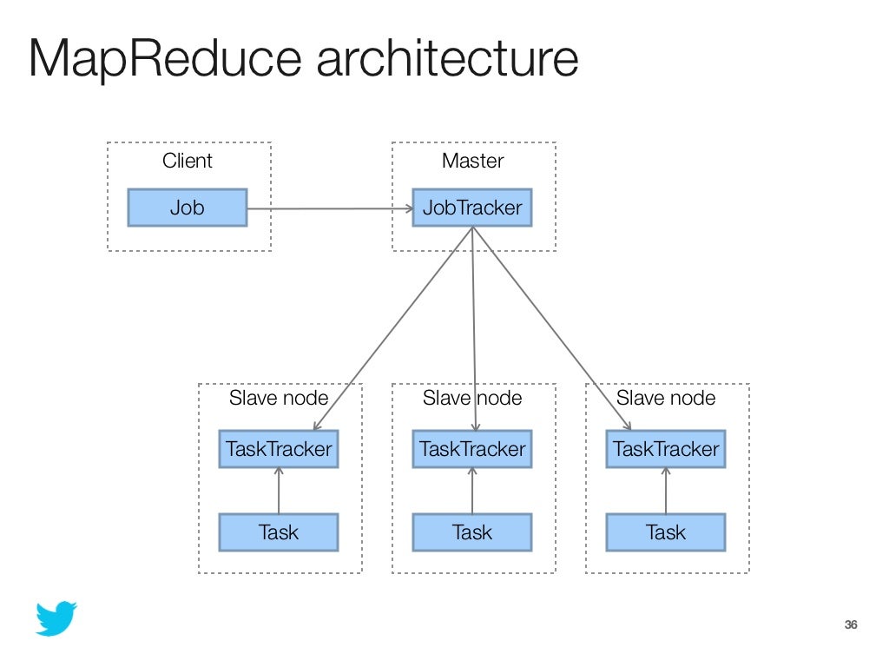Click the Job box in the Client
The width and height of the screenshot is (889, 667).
tap(188, 208)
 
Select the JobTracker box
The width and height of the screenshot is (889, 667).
tap(471, 208)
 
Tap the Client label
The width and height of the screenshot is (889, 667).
tap(188, 161)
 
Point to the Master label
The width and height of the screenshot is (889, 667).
tap(473, 161)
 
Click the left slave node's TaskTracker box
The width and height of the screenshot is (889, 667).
tap(279, 449)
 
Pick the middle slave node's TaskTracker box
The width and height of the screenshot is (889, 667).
tap(471, 449)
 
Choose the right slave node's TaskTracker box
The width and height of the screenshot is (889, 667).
tap(666, 449)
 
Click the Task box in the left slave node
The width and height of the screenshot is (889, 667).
tap(279, 532)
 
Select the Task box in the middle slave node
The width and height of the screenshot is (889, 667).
tap(471, 532)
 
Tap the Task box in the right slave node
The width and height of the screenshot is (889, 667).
tap(666, 532)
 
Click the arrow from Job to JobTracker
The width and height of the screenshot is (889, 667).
tap(331, 208)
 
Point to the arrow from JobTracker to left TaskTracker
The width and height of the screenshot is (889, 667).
tap(393, 328)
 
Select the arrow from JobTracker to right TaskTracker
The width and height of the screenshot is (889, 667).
tap(551, 328)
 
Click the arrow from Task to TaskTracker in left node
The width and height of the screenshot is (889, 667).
tap(279, 491)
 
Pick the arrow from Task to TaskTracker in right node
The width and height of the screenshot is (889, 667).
tap(666, 491)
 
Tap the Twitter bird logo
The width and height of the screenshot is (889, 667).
tap(56, 618)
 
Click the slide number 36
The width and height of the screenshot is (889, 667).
tap(851, 624)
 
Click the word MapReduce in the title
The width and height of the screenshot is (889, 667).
tap(165, 59)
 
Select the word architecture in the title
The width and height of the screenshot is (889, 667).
tap(447, 57)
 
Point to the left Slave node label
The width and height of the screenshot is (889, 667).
tap(279, 398)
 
